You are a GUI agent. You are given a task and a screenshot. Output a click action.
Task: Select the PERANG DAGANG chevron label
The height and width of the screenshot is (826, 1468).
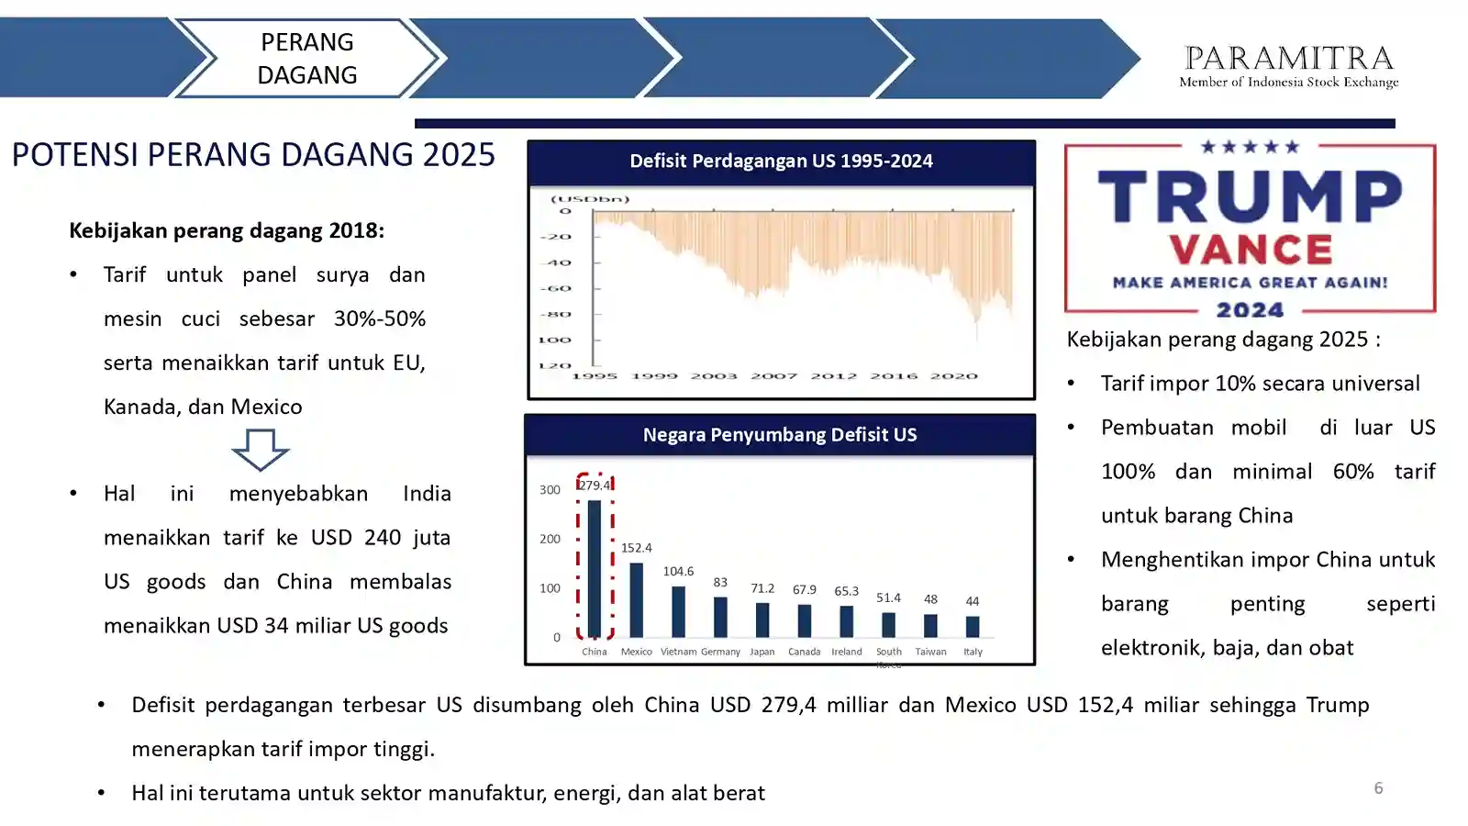pos(306,59)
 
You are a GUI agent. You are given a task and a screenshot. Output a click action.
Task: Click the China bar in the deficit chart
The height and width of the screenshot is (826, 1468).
pos(595,568)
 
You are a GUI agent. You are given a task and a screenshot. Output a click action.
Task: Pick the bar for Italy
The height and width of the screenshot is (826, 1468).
pos(973,626)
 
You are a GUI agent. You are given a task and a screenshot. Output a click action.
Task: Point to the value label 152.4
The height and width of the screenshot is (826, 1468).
pos(636,548)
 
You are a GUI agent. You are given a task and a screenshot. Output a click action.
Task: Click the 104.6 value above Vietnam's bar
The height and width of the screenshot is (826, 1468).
pos(678,571)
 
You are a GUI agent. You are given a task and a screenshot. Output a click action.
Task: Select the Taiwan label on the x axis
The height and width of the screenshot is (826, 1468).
pos(930,652)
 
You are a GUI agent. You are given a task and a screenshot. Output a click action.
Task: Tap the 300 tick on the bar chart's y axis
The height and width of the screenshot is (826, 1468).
pos(550,490)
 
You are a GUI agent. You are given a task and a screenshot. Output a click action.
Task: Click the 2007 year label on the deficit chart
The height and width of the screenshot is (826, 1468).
pos(773,376)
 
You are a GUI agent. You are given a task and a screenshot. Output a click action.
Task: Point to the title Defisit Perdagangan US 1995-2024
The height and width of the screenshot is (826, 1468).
pos(781,162)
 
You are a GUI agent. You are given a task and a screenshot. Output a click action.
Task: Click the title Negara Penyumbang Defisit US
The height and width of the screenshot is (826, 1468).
pos(780,435)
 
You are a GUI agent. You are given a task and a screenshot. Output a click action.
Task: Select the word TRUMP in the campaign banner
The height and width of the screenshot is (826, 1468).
pos(1250,196)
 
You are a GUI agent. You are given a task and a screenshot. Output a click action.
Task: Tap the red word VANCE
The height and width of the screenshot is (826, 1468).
pos(1250,250)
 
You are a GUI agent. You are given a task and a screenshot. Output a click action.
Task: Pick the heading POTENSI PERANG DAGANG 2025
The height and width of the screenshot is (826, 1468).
pos(253,155)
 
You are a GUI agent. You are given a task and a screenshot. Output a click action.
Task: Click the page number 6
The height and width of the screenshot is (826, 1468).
pos(1378,788)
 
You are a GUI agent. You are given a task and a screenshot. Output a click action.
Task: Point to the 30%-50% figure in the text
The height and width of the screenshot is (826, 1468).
pos(380,318)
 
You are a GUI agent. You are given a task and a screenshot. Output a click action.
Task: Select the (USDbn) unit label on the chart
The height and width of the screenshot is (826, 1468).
pos(589,199)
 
